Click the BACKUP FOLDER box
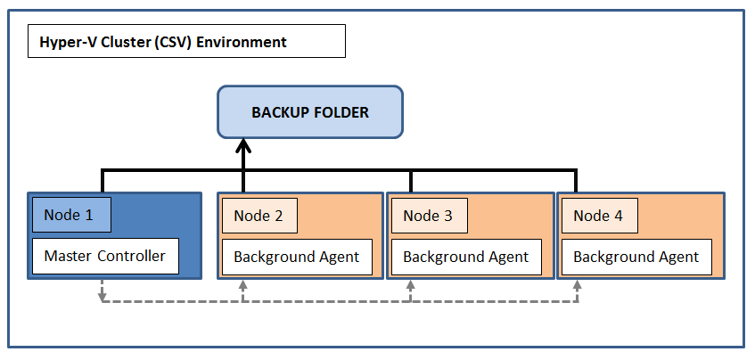(310, 112)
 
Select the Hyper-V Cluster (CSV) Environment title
(163, 42)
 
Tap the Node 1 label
(71, 215)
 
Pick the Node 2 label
(259, 215)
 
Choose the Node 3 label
(429, 215)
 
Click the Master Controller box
(105, 256)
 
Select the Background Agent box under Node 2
(297, 257)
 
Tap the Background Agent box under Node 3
(466, 257)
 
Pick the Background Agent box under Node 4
(636, 257)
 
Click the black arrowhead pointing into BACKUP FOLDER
(243, 145)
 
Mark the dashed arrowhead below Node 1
(103, 297)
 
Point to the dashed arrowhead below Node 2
(242, 284)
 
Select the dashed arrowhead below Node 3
(410, 284)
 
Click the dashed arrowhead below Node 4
(577, 284)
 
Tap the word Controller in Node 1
(131, 256)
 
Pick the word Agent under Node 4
(678, 258)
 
